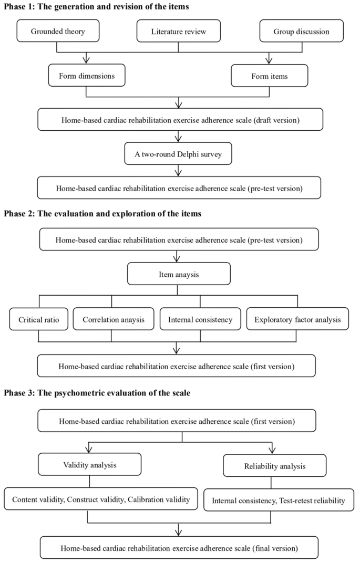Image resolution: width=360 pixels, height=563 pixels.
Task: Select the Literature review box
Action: (179, 32)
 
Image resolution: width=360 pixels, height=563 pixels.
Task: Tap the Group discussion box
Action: (301, 32)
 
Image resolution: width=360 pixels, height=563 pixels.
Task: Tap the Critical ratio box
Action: (38, 319)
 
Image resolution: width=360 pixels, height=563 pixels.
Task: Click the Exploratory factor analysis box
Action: (297, 319)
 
